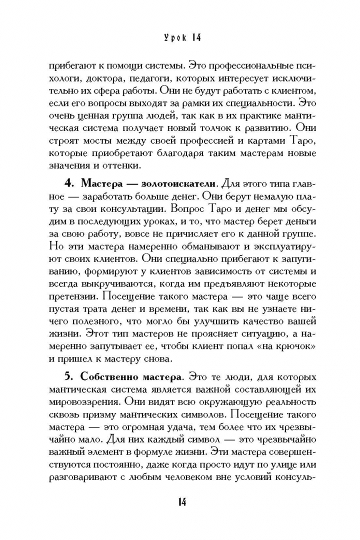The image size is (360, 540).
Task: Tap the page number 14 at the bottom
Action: pos(181,501)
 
